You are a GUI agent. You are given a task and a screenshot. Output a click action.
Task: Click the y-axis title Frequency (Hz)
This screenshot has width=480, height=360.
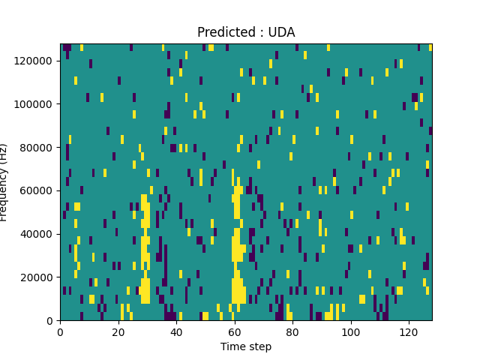5,182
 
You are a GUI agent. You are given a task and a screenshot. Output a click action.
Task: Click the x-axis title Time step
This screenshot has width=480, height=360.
246,346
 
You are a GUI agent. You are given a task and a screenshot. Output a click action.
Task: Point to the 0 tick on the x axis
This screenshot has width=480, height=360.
60,331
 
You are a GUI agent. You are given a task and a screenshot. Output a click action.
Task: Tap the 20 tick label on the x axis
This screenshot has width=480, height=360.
118,331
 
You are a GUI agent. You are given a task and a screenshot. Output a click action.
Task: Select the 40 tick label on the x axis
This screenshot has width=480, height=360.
176,331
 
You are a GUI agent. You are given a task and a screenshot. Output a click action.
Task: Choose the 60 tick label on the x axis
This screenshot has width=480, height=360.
234,331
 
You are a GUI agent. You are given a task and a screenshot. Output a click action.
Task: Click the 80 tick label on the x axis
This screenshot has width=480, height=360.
292,331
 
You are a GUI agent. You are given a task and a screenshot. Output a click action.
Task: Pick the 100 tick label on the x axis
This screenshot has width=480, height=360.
350,331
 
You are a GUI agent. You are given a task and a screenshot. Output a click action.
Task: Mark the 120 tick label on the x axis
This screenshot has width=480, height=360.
409,331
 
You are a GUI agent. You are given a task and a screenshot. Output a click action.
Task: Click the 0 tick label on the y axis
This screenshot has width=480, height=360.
50,321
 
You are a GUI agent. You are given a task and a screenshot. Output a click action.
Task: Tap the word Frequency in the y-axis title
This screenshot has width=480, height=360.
5,191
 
